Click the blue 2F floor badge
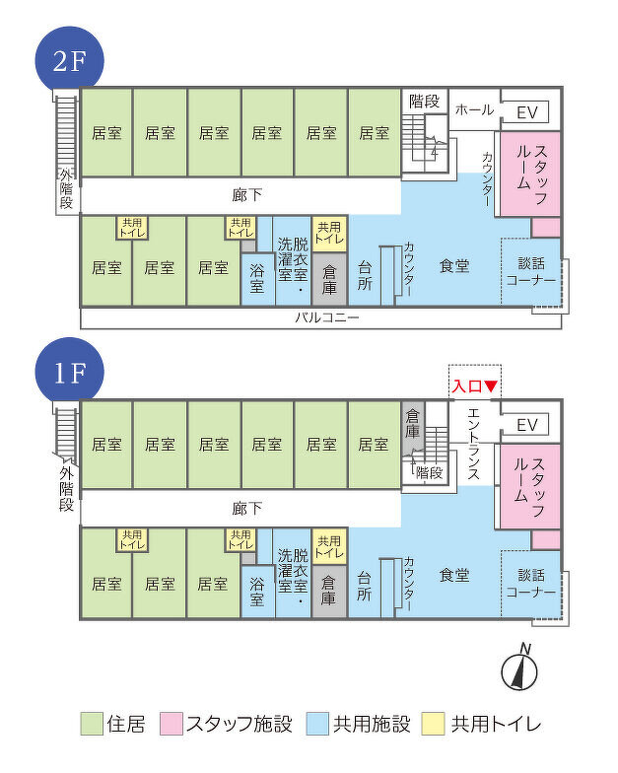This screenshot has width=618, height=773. click(x=69, y=61)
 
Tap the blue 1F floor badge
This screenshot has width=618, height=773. click(x=69, y=373)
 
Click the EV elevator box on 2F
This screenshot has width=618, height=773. click(x=526, y=112)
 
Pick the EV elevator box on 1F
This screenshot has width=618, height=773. click(x=526, y=424)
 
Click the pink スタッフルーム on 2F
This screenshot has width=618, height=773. click(x=530, y=174)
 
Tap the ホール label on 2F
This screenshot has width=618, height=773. click(x=474, y=109)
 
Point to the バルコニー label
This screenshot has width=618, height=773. click(x=327, y=317)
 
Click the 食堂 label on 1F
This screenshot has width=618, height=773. click(x=453, y=576)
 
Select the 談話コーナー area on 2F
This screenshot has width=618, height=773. click(x=530, y=272)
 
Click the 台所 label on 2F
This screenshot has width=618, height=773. click(x=365, y=276)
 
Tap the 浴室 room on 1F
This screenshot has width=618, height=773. click(x=257, y=592)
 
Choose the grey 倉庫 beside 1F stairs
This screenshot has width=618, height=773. click(x=412, y=424)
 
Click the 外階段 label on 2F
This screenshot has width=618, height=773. click(x=67, y=188)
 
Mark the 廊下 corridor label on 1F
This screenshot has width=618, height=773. click(x=246, y=509)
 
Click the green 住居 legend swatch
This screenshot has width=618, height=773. click(x=92, y=724)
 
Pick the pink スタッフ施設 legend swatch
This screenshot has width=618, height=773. click(x=172, y=724)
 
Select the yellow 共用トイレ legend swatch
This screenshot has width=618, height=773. click(x=434, y=724)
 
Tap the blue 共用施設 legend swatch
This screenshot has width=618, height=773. click(x=317, y=724)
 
